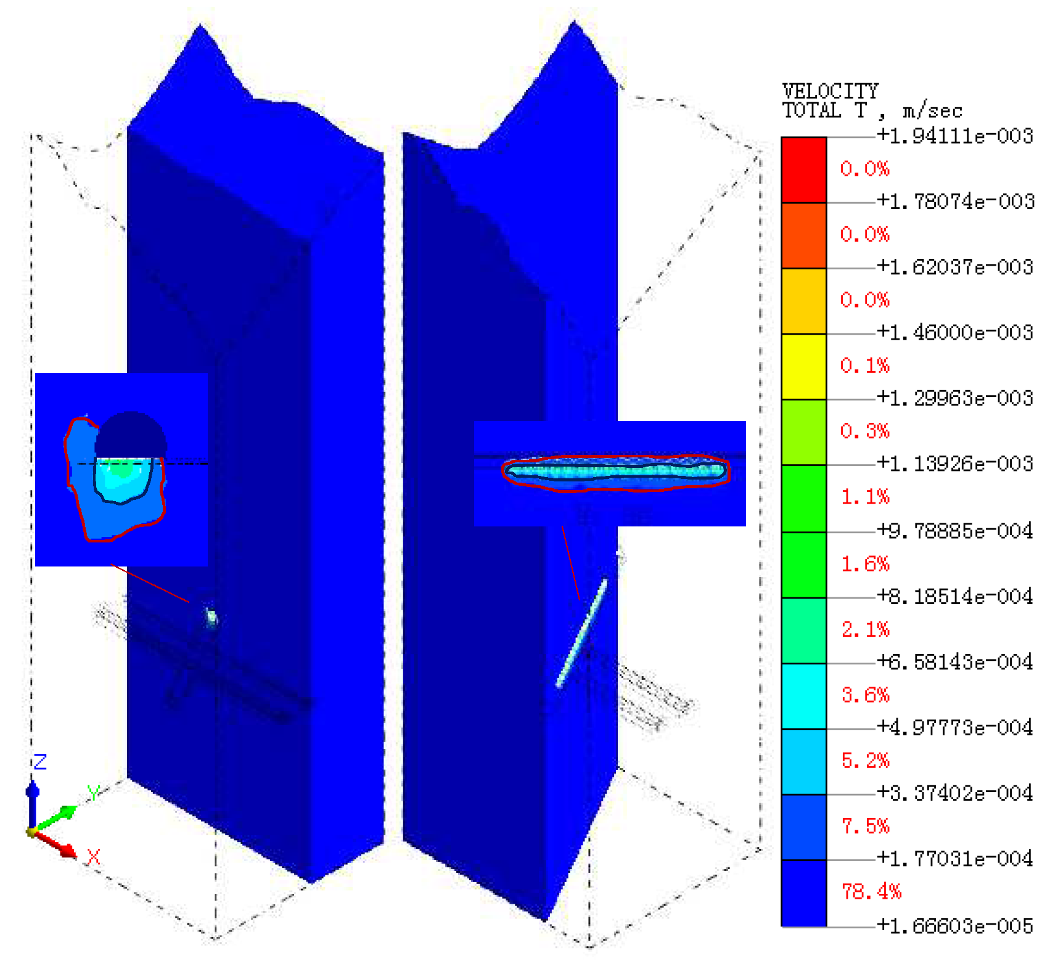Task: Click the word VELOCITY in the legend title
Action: tap(830, 91)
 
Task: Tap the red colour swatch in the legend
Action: tap(804, 170)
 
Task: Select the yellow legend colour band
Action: tap(804, 367)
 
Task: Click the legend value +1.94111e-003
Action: tap(955, 136)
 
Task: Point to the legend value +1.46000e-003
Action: tap(955, 333)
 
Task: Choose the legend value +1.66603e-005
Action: tap(955, 926)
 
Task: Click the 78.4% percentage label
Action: tap(871, 891)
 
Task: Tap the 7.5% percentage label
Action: tap(866, 826)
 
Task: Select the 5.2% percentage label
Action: tap(866, 761)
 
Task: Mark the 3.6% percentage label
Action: tap(866, 695)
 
